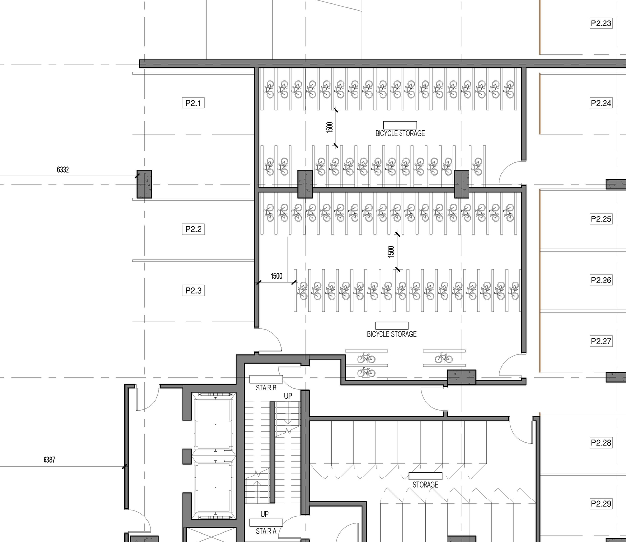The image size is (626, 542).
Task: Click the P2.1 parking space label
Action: click(193, 103)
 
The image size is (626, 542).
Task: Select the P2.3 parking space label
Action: click(193, 291)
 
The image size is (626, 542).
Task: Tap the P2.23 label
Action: click(601, 23)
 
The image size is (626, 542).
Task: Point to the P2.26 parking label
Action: click(601, 280)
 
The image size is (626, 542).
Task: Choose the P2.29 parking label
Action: click(601, 503)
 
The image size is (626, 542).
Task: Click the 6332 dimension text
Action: click(63, 170)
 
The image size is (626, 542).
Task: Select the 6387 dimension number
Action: click(49, 460)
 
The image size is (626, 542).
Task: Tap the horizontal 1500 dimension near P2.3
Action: click(276, 276)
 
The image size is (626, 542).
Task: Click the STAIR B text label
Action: click(266, 388)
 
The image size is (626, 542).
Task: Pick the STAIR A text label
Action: click(266, 531)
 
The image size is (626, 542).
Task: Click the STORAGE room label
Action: click(425, 485)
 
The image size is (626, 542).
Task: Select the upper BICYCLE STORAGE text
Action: click(400, 133)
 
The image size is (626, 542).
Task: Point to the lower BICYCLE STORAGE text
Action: click(392, 334)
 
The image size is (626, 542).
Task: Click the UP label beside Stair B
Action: click(288, 396)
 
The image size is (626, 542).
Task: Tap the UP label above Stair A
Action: click(265, 514)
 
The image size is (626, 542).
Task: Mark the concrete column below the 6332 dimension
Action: click(144, 184)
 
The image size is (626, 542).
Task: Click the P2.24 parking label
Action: click(601, 103)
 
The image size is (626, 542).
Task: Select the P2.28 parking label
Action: click(601, 443)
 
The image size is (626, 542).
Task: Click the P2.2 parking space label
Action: click(193, 229)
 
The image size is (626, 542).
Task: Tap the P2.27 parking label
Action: click(601, 341)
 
